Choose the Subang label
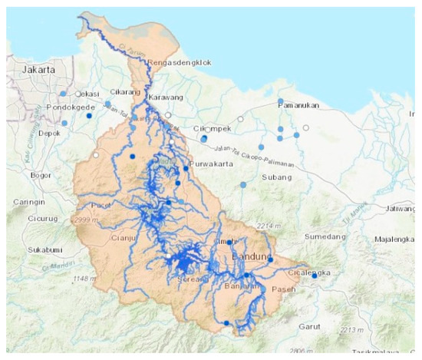pos(274,178)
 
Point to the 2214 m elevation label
pos(269,226)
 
